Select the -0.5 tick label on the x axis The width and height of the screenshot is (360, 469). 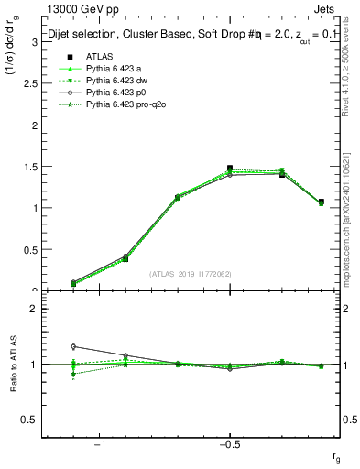[229, 445]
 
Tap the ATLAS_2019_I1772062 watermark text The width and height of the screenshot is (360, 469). [191, 274]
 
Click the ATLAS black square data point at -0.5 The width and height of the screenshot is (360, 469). [230, 169]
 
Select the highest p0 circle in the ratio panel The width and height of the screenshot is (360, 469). [73, 346]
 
